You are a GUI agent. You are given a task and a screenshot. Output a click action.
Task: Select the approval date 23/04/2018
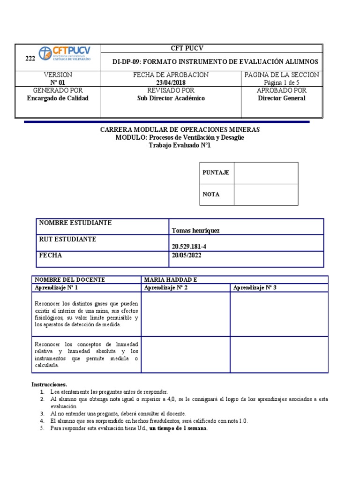click(x=171, y=82)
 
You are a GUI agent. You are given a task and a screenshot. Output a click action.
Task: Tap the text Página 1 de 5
click(x=281, y=82)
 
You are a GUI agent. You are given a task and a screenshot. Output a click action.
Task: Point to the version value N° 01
click(x=58, y=82)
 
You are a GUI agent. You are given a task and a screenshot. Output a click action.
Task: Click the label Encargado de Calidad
click(x=58, y=98)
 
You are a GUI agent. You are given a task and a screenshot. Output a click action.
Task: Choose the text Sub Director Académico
click(x=171, y=98)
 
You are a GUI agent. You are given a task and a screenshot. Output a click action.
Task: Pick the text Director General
click(x=281, y=98)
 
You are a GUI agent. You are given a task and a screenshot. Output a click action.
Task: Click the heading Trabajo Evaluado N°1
click(x=180, y=145)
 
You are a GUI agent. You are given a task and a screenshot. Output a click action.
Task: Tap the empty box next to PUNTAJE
click(x=266, y=173)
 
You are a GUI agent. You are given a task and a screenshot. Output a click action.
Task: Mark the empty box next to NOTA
click(x=266, y=195)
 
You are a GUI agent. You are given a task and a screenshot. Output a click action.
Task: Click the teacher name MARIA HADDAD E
click(x=171, y=280)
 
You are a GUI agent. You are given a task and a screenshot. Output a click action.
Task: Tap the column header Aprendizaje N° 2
click(x=166, y=287)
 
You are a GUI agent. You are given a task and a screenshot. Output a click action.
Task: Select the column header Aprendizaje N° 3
click(x=255, y=287)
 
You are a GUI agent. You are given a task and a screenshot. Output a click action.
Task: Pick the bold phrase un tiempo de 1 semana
click(x=178, y=428)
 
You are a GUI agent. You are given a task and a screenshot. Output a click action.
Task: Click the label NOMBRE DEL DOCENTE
click(x=70, y=280)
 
